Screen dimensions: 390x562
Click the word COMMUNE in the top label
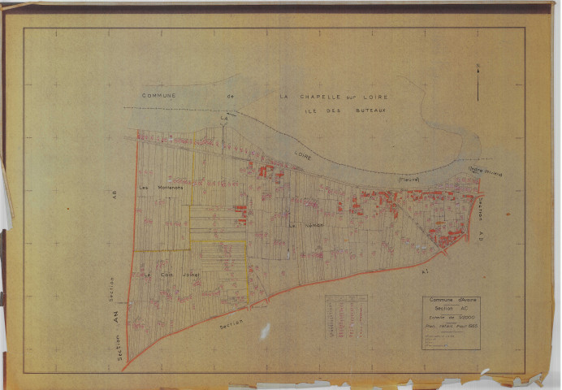159,95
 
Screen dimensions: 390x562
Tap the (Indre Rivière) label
484,171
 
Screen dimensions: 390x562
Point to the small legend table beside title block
346,315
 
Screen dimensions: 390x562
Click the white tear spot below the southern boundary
265,331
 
